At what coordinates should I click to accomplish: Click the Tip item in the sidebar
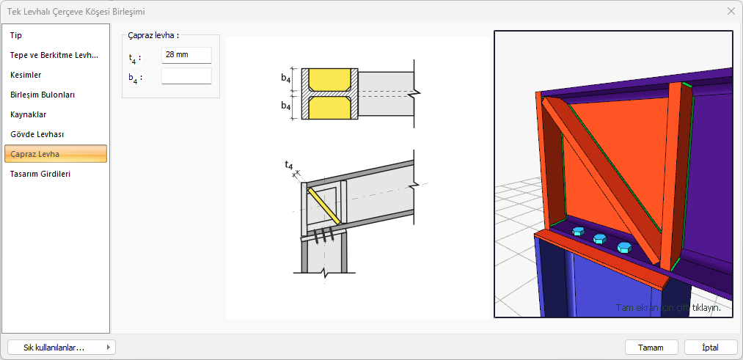[x=16, y=35]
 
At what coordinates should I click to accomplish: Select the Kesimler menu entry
[x=26, y=75]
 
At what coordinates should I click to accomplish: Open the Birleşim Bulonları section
[x=43, y=95]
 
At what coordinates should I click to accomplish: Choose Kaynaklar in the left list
[x=29, y=114]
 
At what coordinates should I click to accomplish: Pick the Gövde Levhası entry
[x=37, y=134]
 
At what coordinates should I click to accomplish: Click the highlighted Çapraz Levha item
[x=56, y=154]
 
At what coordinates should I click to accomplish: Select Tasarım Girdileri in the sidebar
[x=40, y=174]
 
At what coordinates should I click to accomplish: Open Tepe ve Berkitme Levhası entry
[x=54, y=55]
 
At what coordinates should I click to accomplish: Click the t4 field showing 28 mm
[x=186, y=55]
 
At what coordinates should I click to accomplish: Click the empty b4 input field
[x=186, y=76]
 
